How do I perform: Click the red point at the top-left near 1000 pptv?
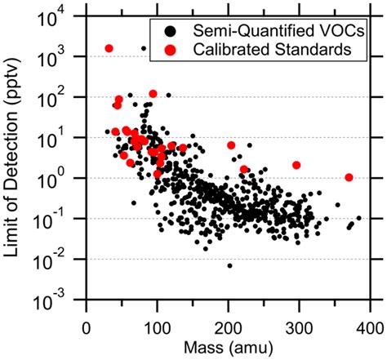pyautogui.click(x=109, y=48)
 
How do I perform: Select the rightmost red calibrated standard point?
pyautogui.click(x=349, y=177)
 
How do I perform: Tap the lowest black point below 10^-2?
pyautogui.click(x=229, y=265)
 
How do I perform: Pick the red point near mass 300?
pyautogui.click(x=296, y=165)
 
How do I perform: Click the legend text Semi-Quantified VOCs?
pyautogui.click(x=267, y=31)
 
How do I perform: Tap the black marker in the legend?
pyautogui.click(x=169, y=31)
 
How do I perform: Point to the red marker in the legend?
pyautogui.click(x=169, y=50)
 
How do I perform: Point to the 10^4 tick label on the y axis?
pyautogui.click(x=64, y=16)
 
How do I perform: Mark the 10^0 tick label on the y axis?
pyautogui.click(x=64, y=178)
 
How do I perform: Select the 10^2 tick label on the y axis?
pyautogui.click(x=64, y=97)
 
